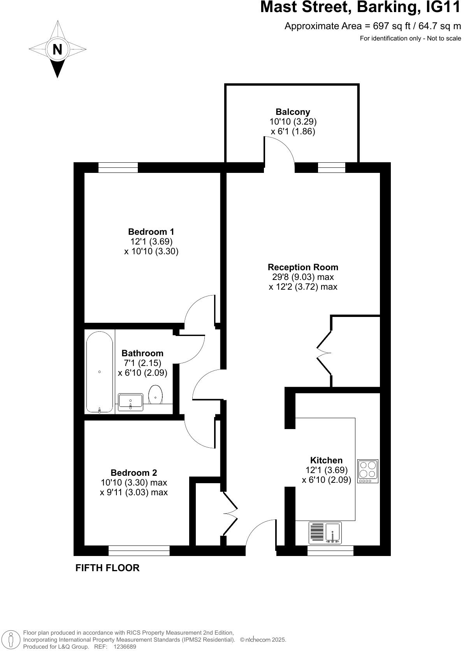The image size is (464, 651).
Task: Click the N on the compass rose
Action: tap(57, 49)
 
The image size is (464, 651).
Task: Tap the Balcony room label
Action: tap(293, 112)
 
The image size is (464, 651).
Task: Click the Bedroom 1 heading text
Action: tap(151, 232)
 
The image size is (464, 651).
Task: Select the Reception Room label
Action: tap(303, 267)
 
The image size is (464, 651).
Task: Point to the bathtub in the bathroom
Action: tap(100, 372)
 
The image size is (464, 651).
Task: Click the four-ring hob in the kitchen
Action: tap(368, 471)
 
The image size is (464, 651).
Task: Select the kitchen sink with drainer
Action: tap(325, 533)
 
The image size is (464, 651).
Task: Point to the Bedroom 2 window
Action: tap(139, 550)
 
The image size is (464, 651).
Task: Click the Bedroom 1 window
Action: tap(118, 167)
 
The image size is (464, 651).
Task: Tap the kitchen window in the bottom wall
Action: tap(330, 550)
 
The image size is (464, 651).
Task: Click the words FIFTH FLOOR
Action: tap(107, 568)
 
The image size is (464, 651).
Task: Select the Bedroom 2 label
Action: tap(134, 473)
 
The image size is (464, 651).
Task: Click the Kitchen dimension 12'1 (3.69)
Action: tap(326, 470)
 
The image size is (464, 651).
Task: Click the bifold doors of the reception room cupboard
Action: tap(324, 353)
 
